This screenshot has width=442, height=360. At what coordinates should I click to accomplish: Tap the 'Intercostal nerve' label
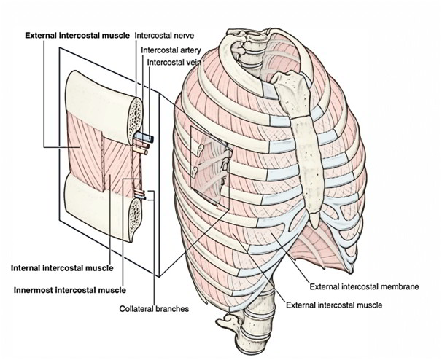[x=163, y=34]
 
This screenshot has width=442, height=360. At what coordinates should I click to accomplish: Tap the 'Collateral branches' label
[x=154, y=309]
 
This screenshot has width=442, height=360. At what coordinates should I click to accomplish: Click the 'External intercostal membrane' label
[x=364, y=287]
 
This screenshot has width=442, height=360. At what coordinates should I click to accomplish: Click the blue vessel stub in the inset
[x=141, y=136]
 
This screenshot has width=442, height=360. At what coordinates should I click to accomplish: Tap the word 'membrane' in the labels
[x=400, y=287]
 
